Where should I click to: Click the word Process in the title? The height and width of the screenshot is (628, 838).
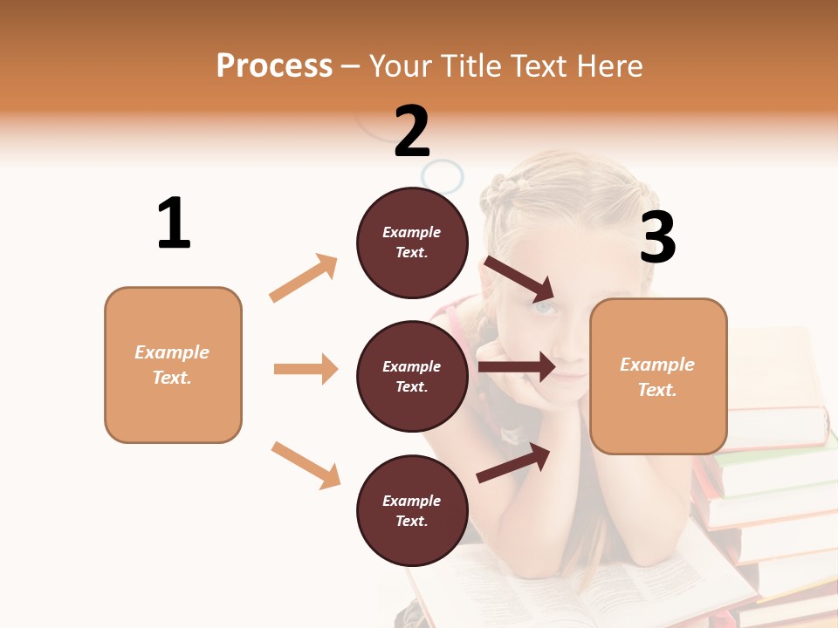274,66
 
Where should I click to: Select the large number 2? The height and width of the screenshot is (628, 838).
412,132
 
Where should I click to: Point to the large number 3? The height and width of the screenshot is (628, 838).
657,237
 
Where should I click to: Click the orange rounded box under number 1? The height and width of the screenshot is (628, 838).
173,365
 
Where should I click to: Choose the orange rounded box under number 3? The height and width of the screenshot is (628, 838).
658,377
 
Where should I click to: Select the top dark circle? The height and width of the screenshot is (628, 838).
412,242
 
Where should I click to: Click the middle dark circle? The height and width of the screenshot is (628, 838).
412,377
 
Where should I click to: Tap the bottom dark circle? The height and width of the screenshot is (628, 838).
412,511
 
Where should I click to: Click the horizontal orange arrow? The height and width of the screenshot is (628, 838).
306,369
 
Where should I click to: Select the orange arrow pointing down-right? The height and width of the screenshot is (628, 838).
306,465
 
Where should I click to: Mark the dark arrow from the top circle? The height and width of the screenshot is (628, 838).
519,279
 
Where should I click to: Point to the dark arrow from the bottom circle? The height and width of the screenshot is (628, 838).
514,462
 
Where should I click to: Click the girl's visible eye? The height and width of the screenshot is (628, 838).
544,307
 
